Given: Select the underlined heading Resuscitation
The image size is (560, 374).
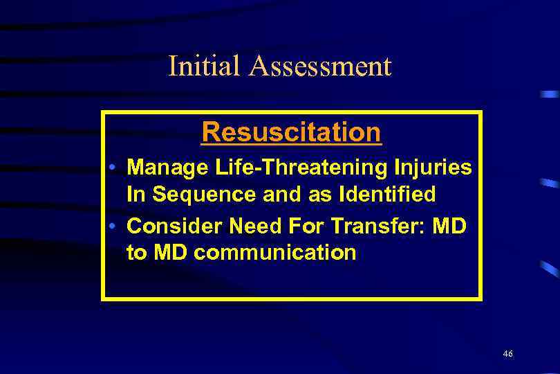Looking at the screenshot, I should click(x=291, y=132).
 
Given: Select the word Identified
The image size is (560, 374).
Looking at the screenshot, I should click(x=384, y=195).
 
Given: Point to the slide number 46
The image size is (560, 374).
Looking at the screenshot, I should click(x=508, y=354).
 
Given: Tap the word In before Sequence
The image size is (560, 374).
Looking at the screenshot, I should click(x=136, y=195).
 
